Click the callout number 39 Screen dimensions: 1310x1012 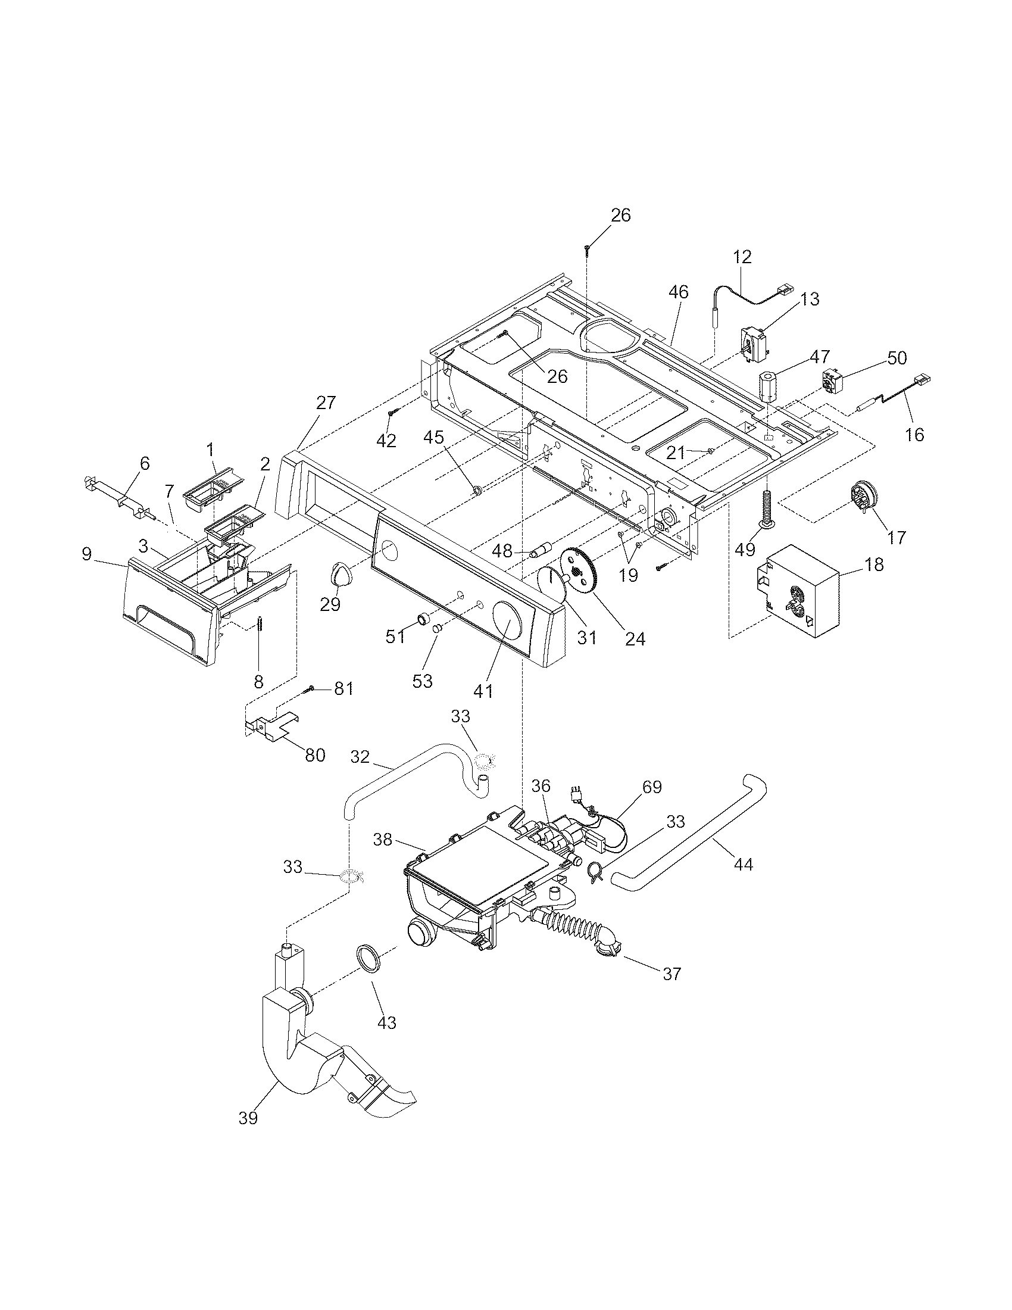tap(248, 1118)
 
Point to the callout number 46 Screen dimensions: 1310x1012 tap(678, 292)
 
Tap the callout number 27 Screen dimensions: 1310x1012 tap(326, 403)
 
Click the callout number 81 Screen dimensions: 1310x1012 tap(343, 688)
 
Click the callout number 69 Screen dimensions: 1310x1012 tap(652, 787)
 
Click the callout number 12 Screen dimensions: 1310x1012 tap(742, 257)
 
